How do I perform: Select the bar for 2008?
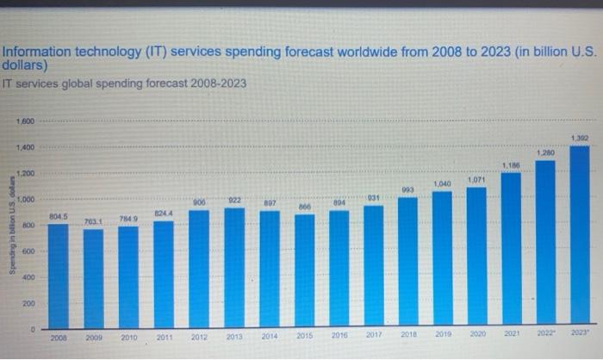click(59, 276)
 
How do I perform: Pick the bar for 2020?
click(476, 258)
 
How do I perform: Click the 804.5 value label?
click(59, 216)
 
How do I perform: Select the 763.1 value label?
click(93, 221)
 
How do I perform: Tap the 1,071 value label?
click(477, 179)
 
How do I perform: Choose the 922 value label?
click(234, 200)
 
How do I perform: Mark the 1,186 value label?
click(511, 164)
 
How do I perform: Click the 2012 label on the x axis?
click(199, 338)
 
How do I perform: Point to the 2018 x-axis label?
click(409, 335)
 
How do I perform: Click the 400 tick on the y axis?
click(28, 277)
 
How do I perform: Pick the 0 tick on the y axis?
click(33, 330)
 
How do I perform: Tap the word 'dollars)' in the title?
click(23, 65)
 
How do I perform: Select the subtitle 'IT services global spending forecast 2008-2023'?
click(124, 84)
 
